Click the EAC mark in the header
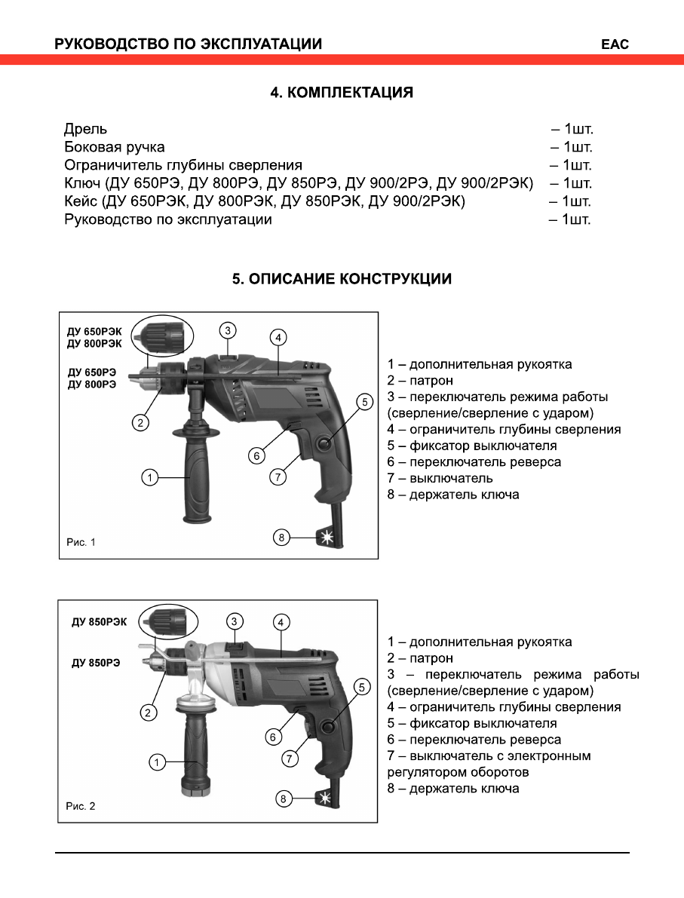tap(614, 44)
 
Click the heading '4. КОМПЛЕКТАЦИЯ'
tap(342, 93)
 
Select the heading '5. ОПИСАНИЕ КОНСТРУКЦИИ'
tap(342, 279)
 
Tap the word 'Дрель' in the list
tap(85, 129)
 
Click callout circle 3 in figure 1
tap(229, 329)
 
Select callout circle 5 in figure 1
tap(364, 402)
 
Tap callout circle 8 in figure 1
tap(281, 537)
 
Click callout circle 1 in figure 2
tap(156, 762)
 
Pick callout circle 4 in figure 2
tap(280, 622)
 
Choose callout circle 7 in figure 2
tap(290, 759)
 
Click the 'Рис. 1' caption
tap(81, 541)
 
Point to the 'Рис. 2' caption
tap(81, 806)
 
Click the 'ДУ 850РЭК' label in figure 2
tap(100, 622)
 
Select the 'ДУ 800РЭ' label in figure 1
tap(92, 385)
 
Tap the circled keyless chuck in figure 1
tap(161, 333)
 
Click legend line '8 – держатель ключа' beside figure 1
tap(453, 495)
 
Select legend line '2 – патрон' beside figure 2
tap(420, 658)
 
